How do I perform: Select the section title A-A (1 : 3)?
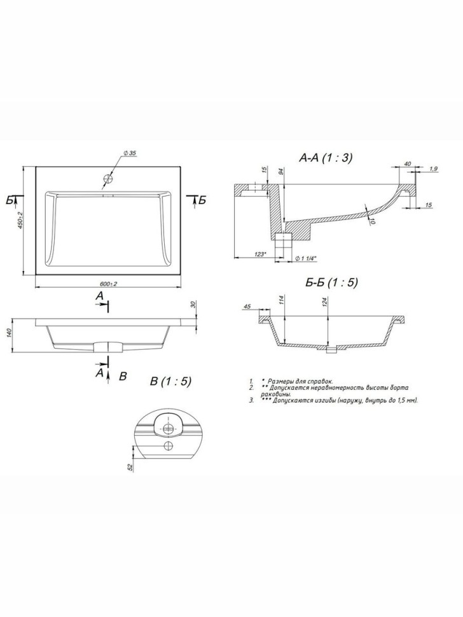tap(326, 158)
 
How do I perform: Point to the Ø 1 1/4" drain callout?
tap(307, 258)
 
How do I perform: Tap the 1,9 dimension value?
tap(433, 169)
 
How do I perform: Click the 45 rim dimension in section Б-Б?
tap(247, 307)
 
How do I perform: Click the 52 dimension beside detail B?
tap(130, 468)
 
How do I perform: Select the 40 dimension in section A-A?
tap(407, 164)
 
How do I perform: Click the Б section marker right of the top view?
tap(202, 200)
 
